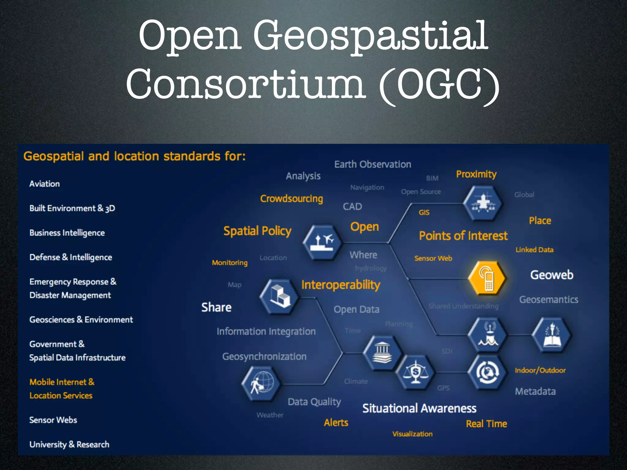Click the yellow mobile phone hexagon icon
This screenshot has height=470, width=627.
487,278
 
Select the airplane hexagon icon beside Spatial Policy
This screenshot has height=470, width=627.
322,242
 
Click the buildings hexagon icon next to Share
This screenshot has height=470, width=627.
279,296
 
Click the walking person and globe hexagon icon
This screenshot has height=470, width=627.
261,384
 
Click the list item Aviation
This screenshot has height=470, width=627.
45,184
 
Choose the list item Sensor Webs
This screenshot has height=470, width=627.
53,420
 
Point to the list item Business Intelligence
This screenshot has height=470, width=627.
67,233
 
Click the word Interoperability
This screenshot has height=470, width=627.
341,285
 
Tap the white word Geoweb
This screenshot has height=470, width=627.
552,275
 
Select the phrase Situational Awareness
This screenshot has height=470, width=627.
419,408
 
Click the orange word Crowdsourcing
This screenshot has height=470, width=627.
291,199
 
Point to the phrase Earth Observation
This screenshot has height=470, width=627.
373,164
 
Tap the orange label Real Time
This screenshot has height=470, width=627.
486,424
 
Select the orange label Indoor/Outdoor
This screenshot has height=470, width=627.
540,370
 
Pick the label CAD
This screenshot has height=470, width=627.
352,207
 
